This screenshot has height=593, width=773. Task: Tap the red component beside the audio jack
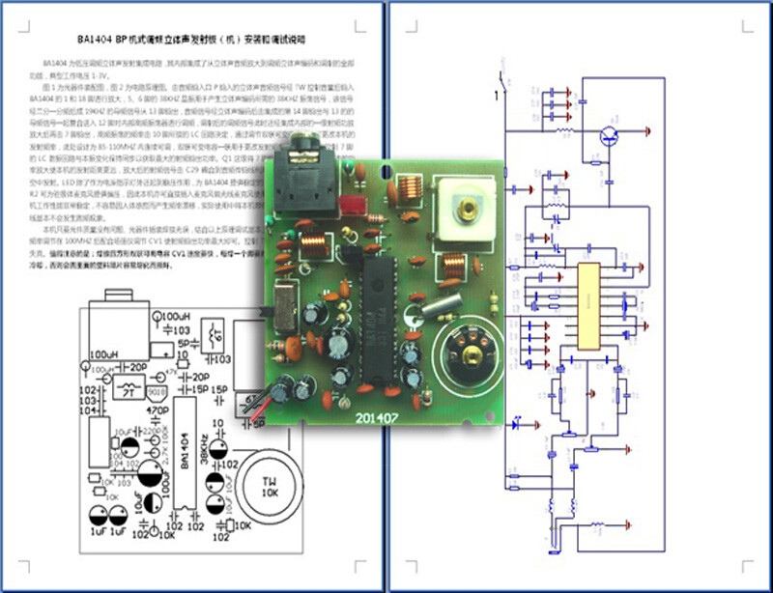(351, 205)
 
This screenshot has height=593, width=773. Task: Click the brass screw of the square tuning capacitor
(471, 206)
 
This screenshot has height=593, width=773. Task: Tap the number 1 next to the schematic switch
(497, 95)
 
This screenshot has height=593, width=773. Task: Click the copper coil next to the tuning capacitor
(410, 186)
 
